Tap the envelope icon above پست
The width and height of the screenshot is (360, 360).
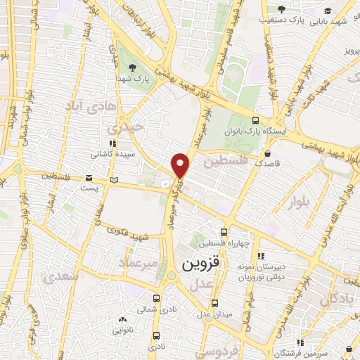(x=89, y=179)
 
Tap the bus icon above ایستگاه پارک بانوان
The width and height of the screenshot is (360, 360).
(x=255, y=120)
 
